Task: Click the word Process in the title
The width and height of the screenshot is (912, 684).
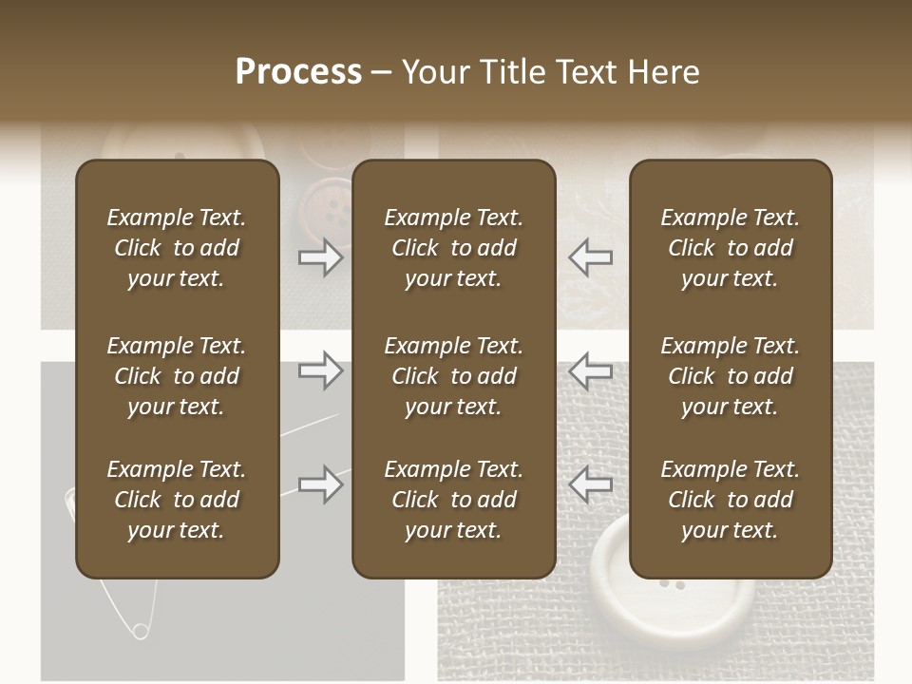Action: pos(298,71)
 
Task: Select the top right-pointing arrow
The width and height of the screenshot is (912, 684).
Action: pos(321,256)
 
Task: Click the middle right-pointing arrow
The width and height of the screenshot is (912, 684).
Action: pos(321,370)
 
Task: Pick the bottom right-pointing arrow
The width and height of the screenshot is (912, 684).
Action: pos(321,484)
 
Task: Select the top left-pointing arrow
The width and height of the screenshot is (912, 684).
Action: pos(591,256)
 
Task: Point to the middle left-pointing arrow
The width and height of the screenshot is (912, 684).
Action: pos(591,370)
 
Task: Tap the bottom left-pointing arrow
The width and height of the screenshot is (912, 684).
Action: pos(591,484)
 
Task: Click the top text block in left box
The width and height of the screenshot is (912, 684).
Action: pos(177,248)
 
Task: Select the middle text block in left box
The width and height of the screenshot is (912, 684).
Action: pos(177,376)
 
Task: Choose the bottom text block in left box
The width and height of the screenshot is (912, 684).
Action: pos(177,500)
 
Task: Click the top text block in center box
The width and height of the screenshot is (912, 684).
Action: pos(454,248)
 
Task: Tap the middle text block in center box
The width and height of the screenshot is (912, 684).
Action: pos(454,376)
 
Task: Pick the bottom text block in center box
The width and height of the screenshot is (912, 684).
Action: pos(454,500)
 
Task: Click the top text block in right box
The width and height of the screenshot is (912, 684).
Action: pos(731,248)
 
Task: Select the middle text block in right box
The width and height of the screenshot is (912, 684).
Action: pos(731,376)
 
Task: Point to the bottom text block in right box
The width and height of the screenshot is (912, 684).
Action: pos(731,500)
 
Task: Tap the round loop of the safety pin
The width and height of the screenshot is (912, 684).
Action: pos(141,630)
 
